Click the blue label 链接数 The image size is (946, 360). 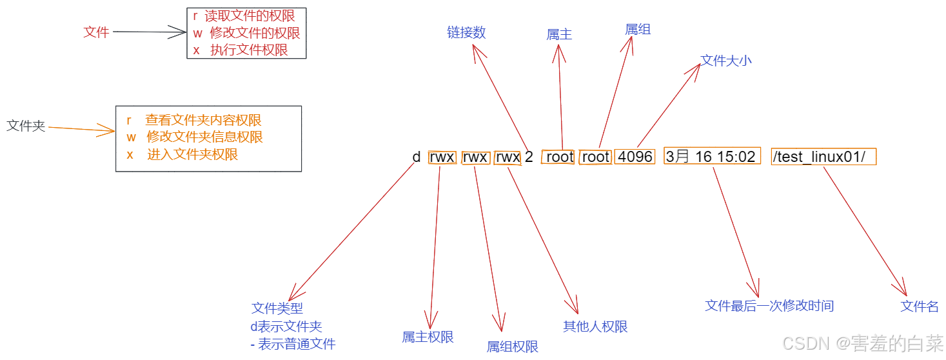click(x=466, y=32)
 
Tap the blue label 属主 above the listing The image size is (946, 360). click(x=559, y=35)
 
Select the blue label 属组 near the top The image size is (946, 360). click(x=638, y=29)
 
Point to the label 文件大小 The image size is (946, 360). click(x=726, y=61)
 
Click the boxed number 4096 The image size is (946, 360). click(x=635, y=157)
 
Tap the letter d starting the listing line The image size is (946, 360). click(x=417, y=157)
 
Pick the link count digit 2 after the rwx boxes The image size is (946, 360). click(x=529, y=157)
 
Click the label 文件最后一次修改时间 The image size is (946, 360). click(x=769, y=306)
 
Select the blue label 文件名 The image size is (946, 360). click(x=920, y=306)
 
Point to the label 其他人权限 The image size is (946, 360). click(x=595, y=326)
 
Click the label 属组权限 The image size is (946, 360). click(x=512, y=346)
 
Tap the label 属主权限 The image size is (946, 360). click(x=428, y=337)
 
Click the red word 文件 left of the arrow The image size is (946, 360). click(x=96, y=32)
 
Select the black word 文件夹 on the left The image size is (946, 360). click(x=26, y=126)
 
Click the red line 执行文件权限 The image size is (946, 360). click(x=241, y=50)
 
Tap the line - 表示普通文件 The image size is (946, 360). click(x=293, y=344)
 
